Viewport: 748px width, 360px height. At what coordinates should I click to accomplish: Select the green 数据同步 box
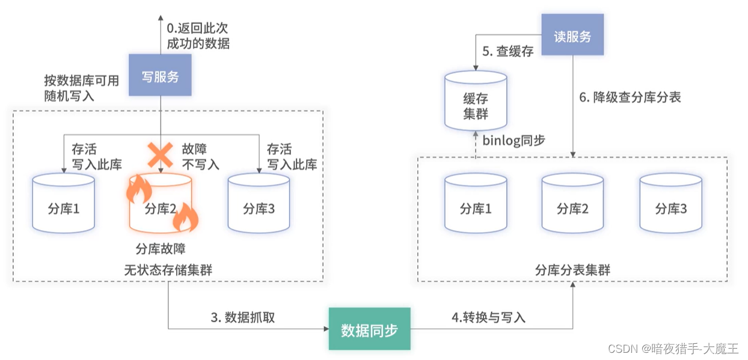[369, 329]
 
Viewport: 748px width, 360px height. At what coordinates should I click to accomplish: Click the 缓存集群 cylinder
[475, 100]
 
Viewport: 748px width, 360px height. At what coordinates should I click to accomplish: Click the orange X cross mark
[161, 155]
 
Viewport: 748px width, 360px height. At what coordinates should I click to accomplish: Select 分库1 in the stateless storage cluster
[63, 204]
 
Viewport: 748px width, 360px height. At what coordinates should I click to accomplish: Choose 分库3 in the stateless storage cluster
[259, 204]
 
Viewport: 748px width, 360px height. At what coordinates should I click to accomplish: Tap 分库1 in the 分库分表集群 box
[475, 204]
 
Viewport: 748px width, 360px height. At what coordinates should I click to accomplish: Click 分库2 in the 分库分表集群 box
[572, 204]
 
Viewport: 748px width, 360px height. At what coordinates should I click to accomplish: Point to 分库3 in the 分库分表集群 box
[670, 204]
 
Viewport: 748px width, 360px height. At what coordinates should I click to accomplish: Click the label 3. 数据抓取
[242, 318]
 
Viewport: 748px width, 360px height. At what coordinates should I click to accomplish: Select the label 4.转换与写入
[488, 318]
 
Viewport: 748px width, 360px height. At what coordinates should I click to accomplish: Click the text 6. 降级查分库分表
[630, 97]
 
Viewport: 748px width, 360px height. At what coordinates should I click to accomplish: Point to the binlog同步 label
[513, 140]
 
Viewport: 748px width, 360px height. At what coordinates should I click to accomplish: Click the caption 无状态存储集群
[168, 270]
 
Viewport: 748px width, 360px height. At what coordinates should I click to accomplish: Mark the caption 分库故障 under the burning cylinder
[160, 249]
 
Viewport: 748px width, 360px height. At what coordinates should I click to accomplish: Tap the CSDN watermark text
[673, 349]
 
